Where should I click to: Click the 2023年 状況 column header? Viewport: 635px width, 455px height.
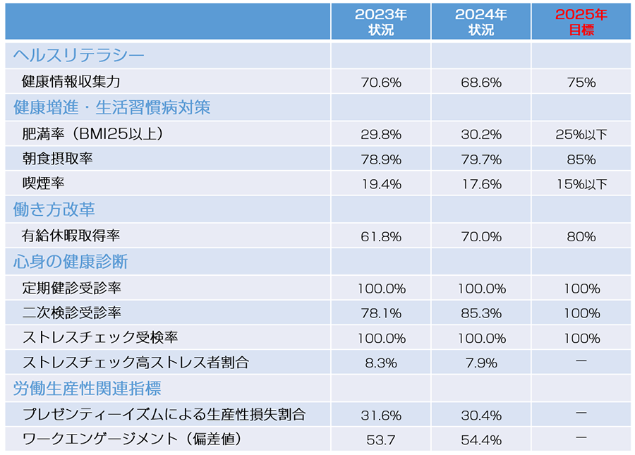380,23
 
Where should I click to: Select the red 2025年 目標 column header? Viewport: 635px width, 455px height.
581,23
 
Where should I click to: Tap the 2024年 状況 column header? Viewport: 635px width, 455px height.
480,23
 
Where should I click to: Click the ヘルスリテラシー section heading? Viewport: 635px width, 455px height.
79,56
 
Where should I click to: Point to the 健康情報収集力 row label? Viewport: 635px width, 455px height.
71,82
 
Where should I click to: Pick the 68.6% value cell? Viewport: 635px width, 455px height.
480,83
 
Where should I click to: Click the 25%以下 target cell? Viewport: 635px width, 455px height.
581,134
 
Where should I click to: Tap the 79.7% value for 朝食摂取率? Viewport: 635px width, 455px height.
480,159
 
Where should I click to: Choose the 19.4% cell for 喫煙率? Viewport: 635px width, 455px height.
380,185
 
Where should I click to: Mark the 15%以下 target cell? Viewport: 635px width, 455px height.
581,185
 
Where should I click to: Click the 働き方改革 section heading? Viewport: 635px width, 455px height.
54,210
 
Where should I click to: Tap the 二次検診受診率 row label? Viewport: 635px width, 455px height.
71,313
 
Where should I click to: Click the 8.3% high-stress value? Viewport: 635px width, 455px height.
380,363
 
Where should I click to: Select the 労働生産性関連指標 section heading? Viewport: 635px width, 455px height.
87,389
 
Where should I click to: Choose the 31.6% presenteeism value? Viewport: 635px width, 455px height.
380,415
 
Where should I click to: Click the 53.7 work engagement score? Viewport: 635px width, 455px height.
380,440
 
